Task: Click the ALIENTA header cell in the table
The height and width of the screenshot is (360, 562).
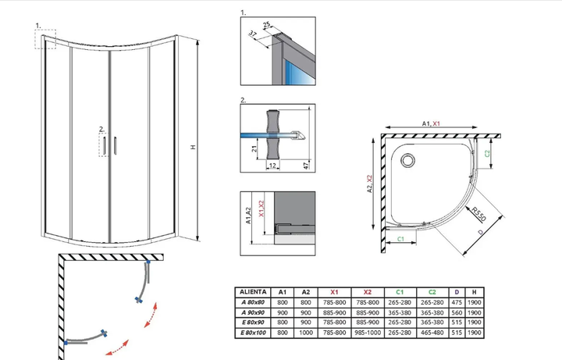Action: pyautogui.click(x=253, y=292)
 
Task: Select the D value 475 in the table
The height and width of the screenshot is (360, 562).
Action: pyautogui.click(x=457, y=302)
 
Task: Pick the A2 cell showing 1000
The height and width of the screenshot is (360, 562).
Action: pyautogui.click(x=306, y=333)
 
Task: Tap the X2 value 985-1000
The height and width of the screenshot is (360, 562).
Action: pyautogui.click(x=368, y=333)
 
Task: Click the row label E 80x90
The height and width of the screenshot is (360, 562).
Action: pyautogui.click(x=253, y=323)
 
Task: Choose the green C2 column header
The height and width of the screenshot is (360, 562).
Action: pyautogui.click(x=432, y=292)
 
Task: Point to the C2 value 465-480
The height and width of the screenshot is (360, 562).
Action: pyautogui.click(x=432, y=333)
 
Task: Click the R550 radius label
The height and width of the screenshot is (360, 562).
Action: pyautogui.click(x=478, y=214)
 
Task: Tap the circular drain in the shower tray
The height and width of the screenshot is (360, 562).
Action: pyautogui.click(x=407, y=160)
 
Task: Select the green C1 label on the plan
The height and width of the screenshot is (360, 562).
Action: pyautogui.click(x=400, y=239)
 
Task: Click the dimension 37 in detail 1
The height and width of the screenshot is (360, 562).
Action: pyautogui.click(x=253, y=34)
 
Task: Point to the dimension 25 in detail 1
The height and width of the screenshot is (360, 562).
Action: pyautogui.click(x=266, y=25)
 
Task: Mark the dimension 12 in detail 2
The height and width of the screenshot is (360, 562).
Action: pyautogui.click(x=272, y=166)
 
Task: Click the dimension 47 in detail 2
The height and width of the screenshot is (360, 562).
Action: pyautogui.click(x=306, y=166)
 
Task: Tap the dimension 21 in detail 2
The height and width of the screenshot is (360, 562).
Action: pyautogui.click(x=254, y=148)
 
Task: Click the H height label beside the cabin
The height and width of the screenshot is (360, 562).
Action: pyautogui.click(x=194, y=147)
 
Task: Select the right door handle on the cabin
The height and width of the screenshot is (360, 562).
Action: pyautogui.click(x=116, y=145)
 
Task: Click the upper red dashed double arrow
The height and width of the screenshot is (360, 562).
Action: pyautogui.click(x=151, y=315)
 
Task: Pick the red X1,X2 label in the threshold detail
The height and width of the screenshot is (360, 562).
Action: pyautogui.click(x=261, y=209)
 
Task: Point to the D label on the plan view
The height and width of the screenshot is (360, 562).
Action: pyautogui.click(x=481, y=233)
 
